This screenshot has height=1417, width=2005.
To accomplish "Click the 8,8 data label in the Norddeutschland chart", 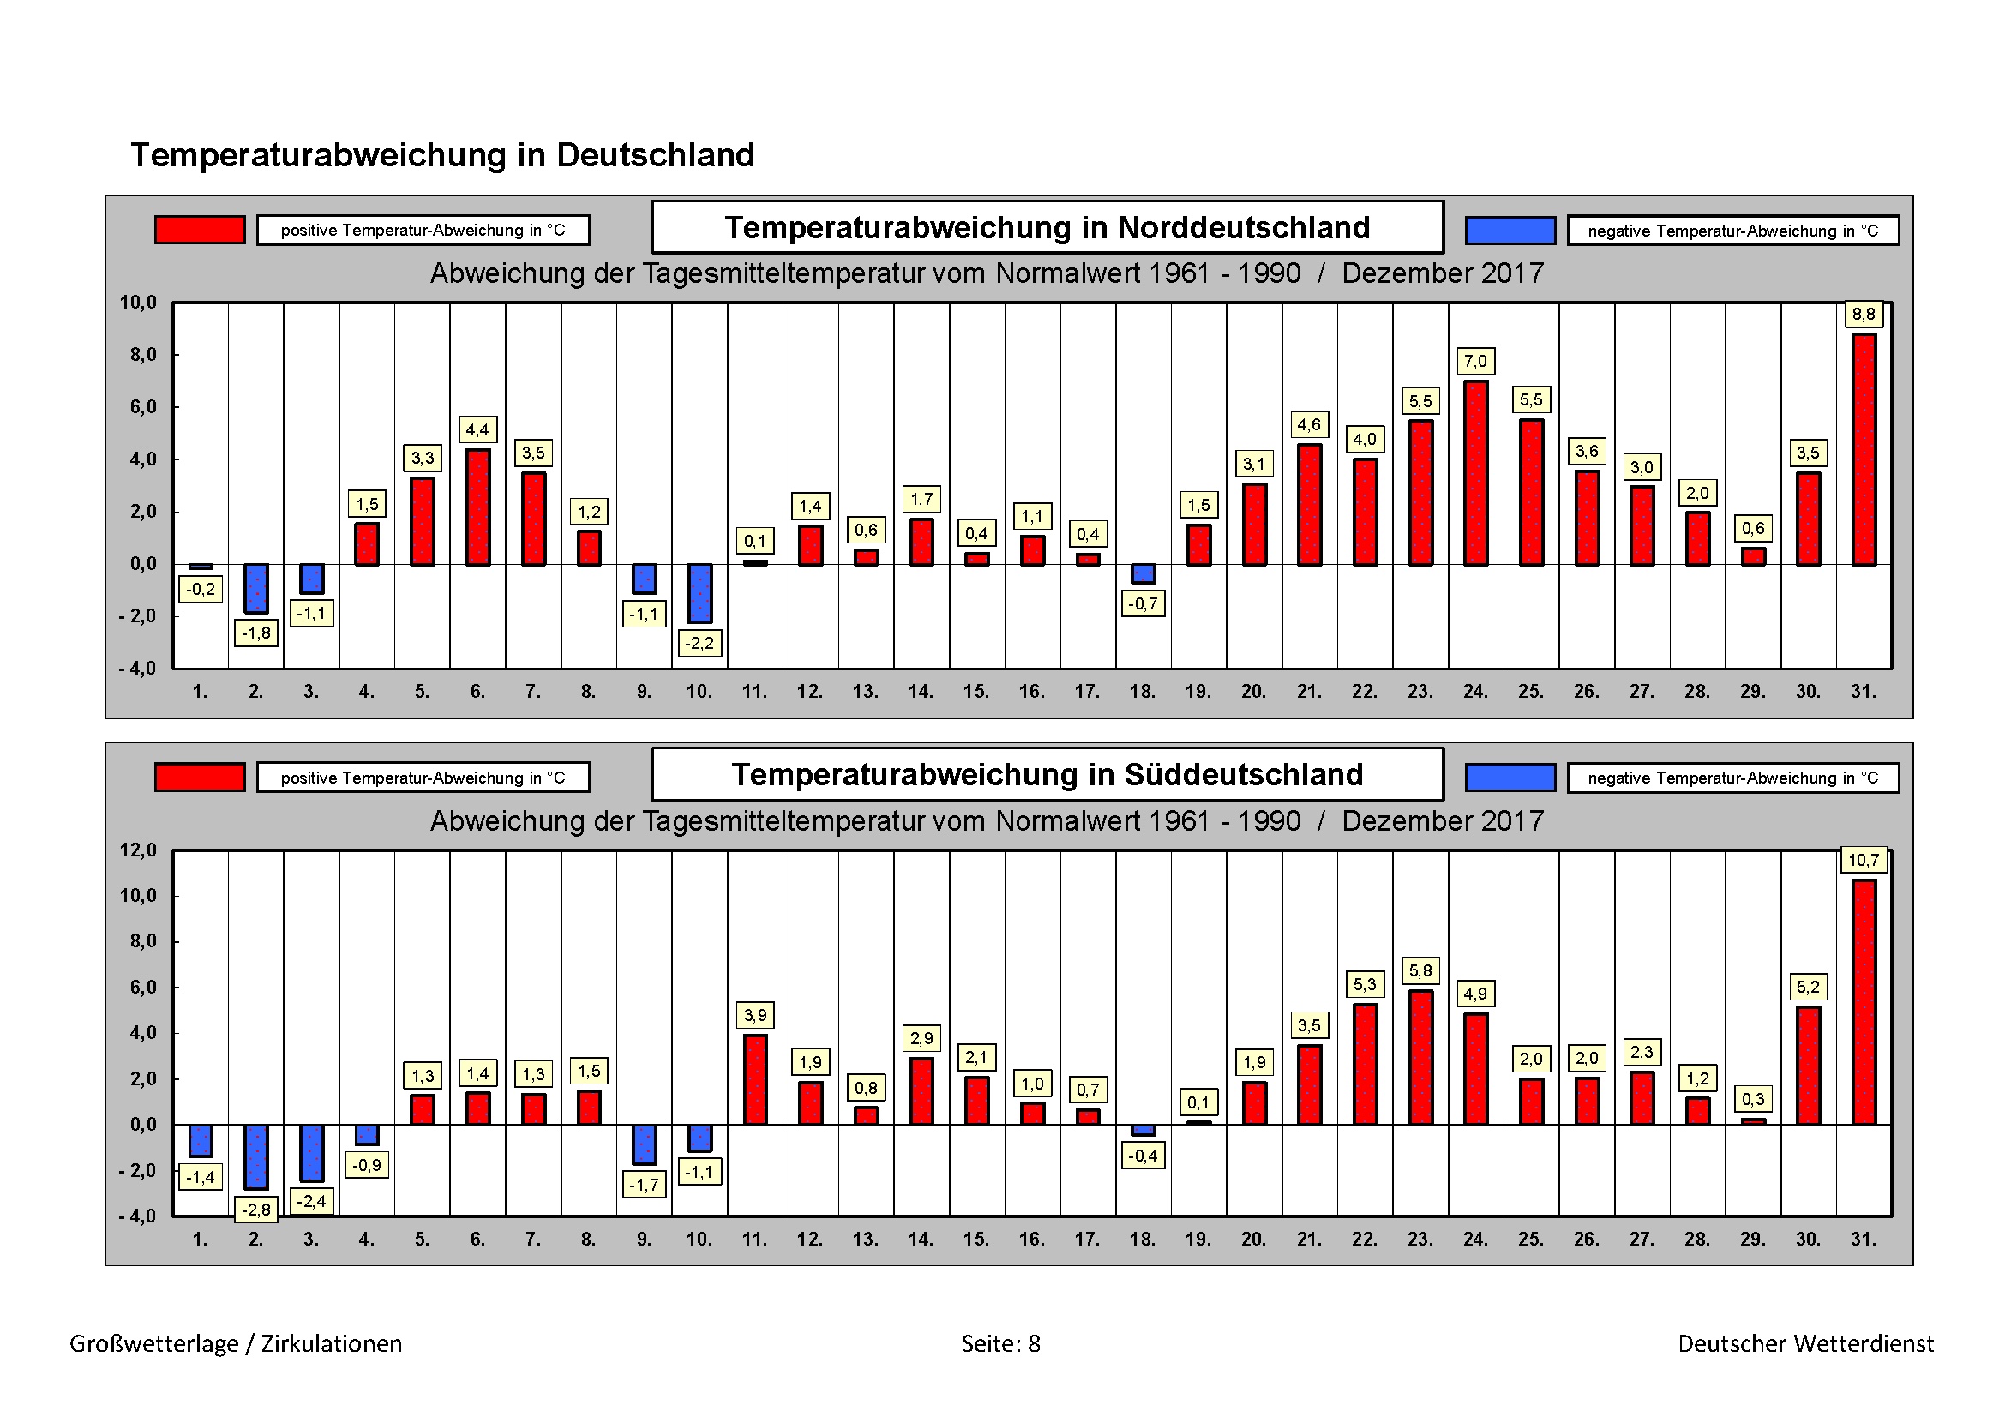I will [x=1864, y=315].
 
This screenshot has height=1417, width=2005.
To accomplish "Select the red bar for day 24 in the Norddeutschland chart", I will [x=1476, y=473].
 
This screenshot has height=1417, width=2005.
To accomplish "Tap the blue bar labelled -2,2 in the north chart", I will [x=699, y=594].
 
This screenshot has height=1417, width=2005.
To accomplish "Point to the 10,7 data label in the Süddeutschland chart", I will [x=1863, y=860].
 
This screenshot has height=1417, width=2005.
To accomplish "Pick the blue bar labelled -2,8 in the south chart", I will [x=255, y=1156].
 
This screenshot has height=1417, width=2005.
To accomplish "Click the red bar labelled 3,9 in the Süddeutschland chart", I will [x=755, y=1080].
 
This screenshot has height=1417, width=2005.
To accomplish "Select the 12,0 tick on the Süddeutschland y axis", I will [x=138, y=850].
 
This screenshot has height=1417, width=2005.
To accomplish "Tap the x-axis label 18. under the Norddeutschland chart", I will [x=1142, y=692].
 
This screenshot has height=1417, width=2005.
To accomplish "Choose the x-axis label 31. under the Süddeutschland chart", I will [x=1863, y=1239].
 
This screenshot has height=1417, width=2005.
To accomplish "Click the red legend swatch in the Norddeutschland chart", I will [x=200, y=230].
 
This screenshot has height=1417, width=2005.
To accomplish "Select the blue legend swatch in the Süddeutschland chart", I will [x=1510, y=777].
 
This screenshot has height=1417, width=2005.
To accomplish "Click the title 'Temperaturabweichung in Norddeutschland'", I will [x=1047, y=228].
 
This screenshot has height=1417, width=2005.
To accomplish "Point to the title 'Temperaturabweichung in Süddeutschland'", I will [x=1047, y=774].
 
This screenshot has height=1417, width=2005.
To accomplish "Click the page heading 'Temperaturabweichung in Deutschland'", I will [x=442, y=155].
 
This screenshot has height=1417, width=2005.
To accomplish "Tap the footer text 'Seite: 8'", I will [x=1000, y=1343].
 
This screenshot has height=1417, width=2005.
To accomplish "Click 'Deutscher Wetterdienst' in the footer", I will [x=1805, y=1343].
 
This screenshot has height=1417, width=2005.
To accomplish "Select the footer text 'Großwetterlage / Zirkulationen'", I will [x=236, y=1343].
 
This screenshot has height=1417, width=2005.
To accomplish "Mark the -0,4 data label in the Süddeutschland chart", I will [x=1142, y=1156].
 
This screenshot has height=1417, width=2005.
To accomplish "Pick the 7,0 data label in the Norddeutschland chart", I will [x=1476, y=361].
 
